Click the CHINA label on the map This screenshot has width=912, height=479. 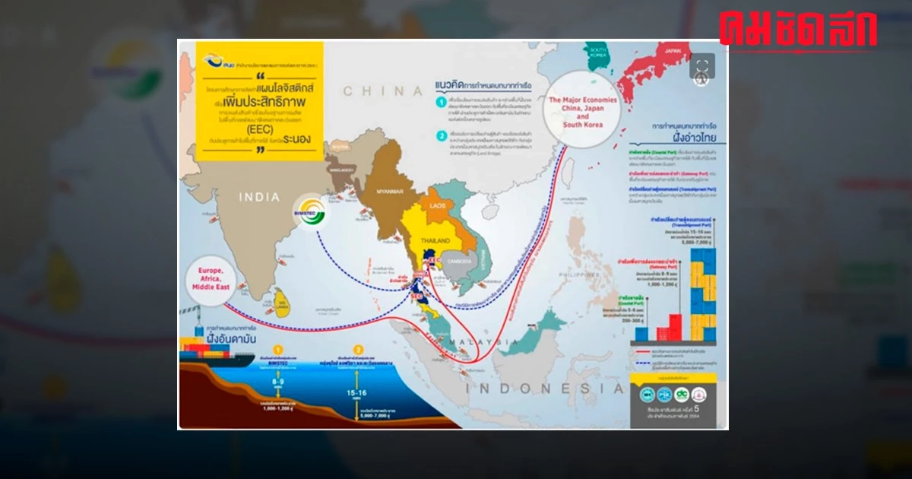coord(382,91)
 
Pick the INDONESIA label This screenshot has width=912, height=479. coord(539,388)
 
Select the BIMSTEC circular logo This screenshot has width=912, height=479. coord(313,216)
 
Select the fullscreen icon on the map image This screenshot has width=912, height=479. coord(701,65)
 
